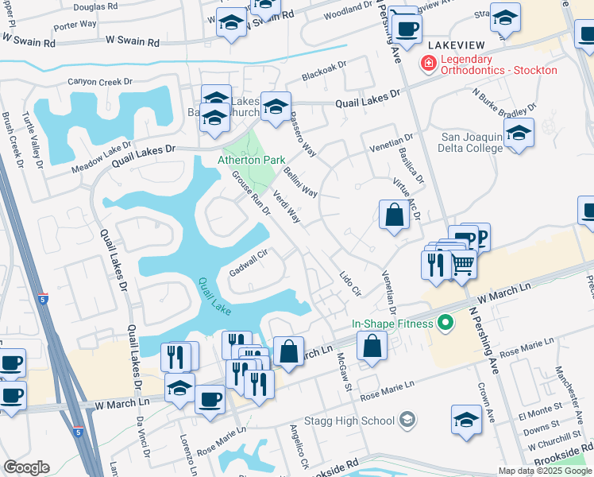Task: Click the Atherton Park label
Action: (252, 160)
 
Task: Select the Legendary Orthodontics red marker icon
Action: (428, 64)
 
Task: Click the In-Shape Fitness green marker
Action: (445, 323)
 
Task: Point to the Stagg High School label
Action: (361, 421)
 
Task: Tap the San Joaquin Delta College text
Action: (472, 142)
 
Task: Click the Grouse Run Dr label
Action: (251, 195)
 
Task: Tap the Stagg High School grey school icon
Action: (407, 420)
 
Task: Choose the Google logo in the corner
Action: (26, 467)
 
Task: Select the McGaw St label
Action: (344, 371)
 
